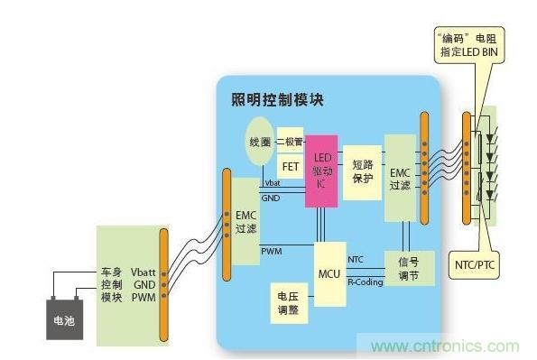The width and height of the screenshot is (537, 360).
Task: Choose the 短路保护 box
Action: point(362,169)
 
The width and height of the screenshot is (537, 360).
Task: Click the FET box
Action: point(290,167)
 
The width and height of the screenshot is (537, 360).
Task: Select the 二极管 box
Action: point(289,142)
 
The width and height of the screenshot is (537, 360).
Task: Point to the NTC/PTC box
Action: point(474,265)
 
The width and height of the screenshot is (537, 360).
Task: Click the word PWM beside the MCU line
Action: point(270,249)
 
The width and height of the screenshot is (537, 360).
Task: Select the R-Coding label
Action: point(365,282)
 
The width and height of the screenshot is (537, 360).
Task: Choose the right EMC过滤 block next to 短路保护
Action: point(400,177)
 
